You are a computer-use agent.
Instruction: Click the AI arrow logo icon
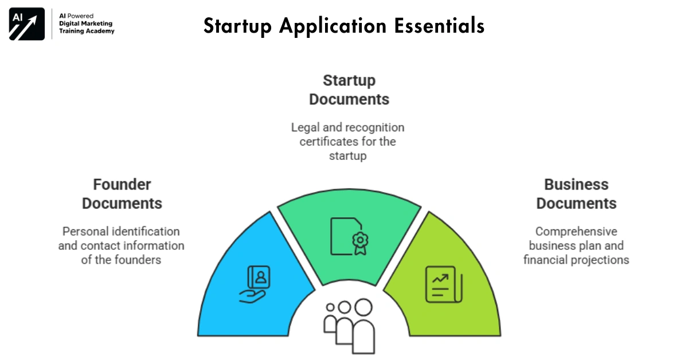(x=26, y=25)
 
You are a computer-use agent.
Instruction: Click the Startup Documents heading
(x=349, y=89)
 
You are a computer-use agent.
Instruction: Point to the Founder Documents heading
(x=122, y=194)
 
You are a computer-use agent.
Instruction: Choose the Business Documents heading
(x=576, y=194)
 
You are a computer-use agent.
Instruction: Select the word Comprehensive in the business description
(x=576, y=232)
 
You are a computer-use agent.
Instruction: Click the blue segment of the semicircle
(x=247, y=287)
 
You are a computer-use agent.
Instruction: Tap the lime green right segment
(x=453, y=287)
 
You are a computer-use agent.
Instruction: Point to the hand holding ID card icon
(x=256, y=283)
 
